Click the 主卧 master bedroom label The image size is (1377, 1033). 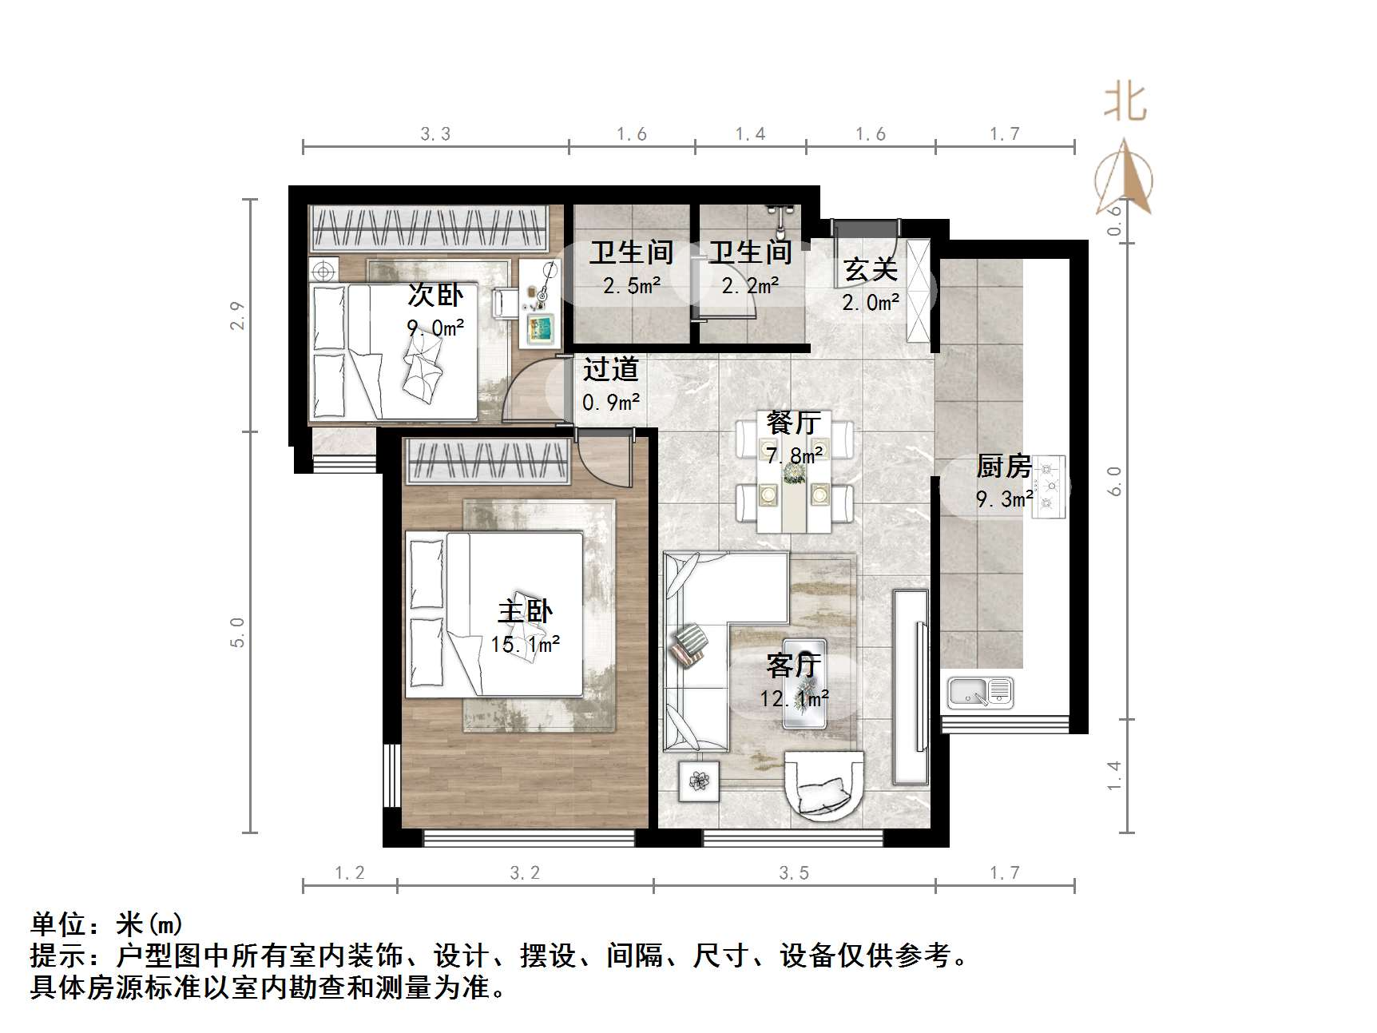point(525,612)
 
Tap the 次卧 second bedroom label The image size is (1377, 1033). point(435,295)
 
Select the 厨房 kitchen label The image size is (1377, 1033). point(1003,466)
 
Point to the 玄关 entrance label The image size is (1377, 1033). point(871,269)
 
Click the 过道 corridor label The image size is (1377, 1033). point(610,369)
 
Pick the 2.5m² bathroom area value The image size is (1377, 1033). point(632,286)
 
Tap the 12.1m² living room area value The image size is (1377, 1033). point(794,699)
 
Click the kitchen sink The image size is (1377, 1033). point(980,692)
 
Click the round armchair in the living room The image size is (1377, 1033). point(823,784)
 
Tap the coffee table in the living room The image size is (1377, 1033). point(804,683)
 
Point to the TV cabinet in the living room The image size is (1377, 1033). point(911,686)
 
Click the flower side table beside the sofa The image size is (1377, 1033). point(699,781)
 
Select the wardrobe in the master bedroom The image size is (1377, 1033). point(488,462)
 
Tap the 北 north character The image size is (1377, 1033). point(1125,103)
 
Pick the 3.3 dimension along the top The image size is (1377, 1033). point(435,134)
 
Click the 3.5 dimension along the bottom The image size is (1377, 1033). point(794,873)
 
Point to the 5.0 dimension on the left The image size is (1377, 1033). point(238,632)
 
